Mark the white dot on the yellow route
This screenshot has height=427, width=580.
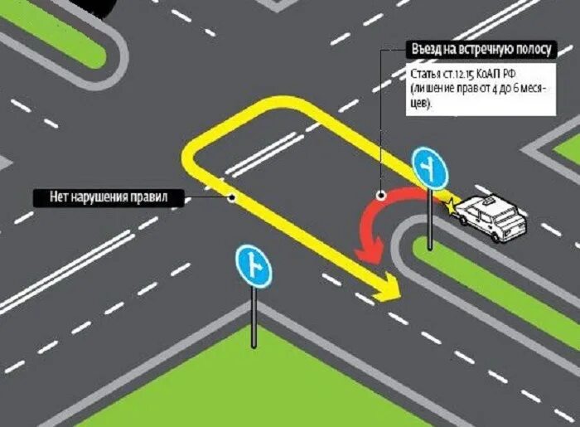[x=233, y=197]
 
